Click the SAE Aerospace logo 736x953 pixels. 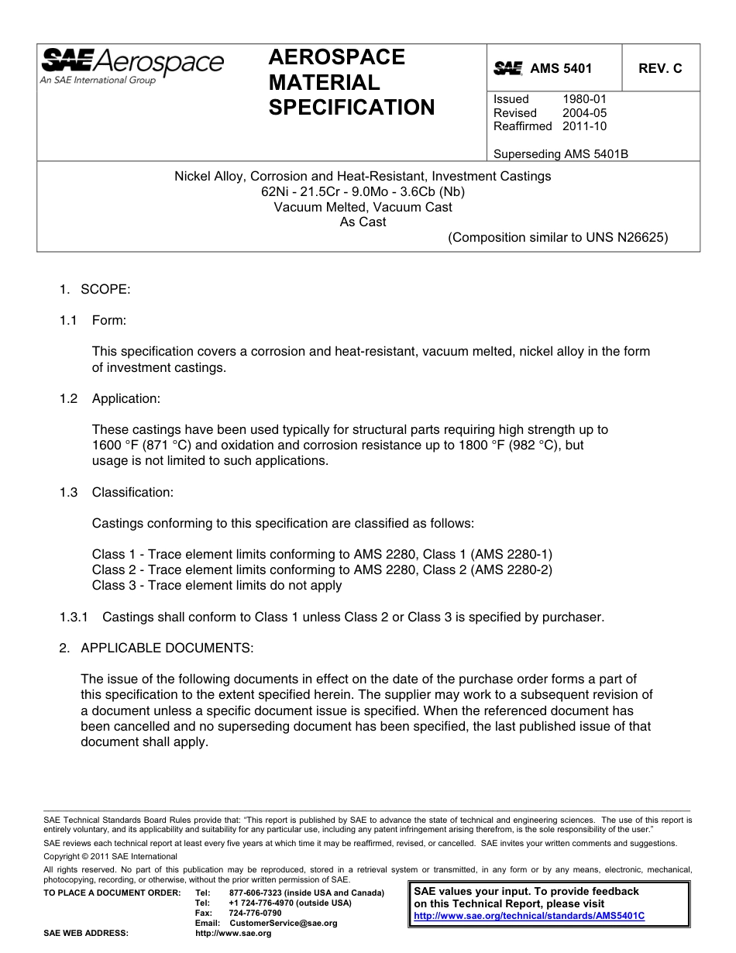point(132,66)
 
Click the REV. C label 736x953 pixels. point(660,68)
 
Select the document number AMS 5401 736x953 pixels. point(561,68)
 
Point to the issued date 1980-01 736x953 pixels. point(585,99)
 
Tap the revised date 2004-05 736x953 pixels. point(585,112)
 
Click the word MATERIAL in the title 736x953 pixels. point(324,82)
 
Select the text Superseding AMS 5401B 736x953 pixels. point(560,153)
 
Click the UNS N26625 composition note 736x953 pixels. point(558,237)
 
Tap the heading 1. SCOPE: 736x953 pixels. point(95,289)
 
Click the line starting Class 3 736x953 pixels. point(217,585)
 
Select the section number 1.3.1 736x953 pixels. point(74,617)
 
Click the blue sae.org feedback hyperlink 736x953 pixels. point(529,915)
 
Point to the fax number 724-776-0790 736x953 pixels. point(255,913)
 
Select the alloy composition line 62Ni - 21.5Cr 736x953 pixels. point(363,191)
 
